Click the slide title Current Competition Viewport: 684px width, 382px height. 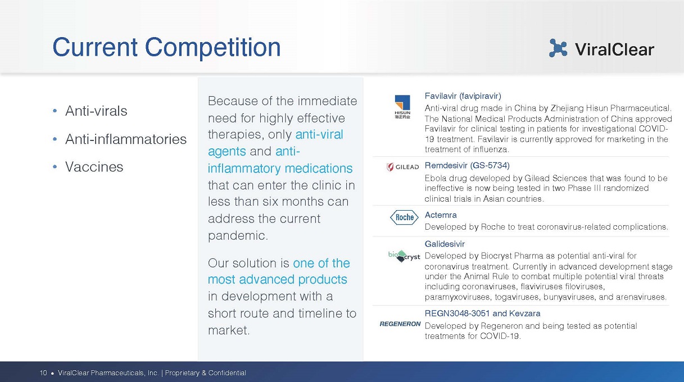pos(166,48)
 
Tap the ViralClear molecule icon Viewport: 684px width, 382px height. pos(558,48)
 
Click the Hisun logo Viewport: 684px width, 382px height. pos(402,107)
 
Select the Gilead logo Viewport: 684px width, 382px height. pos(402,167)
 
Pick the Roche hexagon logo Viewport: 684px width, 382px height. pos(404,217)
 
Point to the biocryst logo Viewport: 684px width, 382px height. pos(404,256)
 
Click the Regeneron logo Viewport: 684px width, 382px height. pos(400,324)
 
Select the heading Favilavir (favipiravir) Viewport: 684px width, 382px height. pos(463,96)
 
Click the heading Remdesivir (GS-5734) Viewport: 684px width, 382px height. pos(467,165)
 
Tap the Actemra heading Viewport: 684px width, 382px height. pos(441,215)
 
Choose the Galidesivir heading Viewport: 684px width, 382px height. pos(445,244)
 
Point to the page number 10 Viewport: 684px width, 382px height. pos(43,373)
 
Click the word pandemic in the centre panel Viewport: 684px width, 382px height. pos(238,235)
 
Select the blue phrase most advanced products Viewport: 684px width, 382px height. pos(278,280)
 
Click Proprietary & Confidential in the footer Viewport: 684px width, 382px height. pos(206,373)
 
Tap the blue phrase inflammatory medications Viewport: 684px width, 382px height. pos(280,169)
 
